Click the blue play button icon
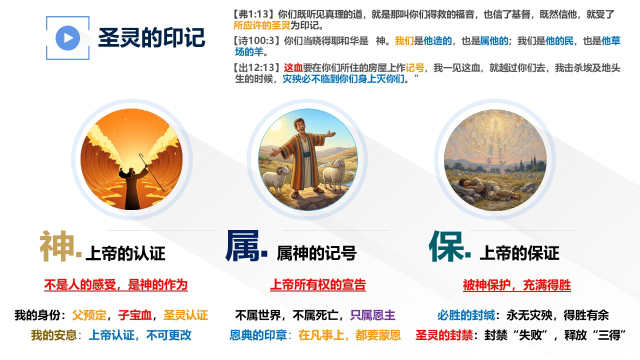(67, 38)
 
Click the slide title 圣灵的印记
(151, 37)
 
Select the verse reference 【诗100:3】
(256, 41)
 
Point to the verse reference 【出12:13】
(256, 67)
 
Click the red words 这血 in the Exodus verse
(293, 67)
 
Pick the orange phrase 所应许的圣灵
(262, 25)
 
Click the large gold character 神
(57, 246)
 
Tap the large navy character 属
(242, 246)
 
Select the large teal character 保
(446, 246)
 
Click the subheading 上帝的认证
(125, 253)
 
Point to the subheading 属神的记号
(316, 253)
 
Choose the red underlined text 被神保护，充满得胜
(517, 285)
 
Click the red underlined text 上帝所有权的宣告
(318, 285)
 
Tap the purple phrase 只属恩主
(372, 315)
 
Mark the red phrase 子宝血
(135, 315)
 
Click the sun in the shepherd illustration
(275, 125)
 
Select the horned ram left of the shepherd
(275, 177)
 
